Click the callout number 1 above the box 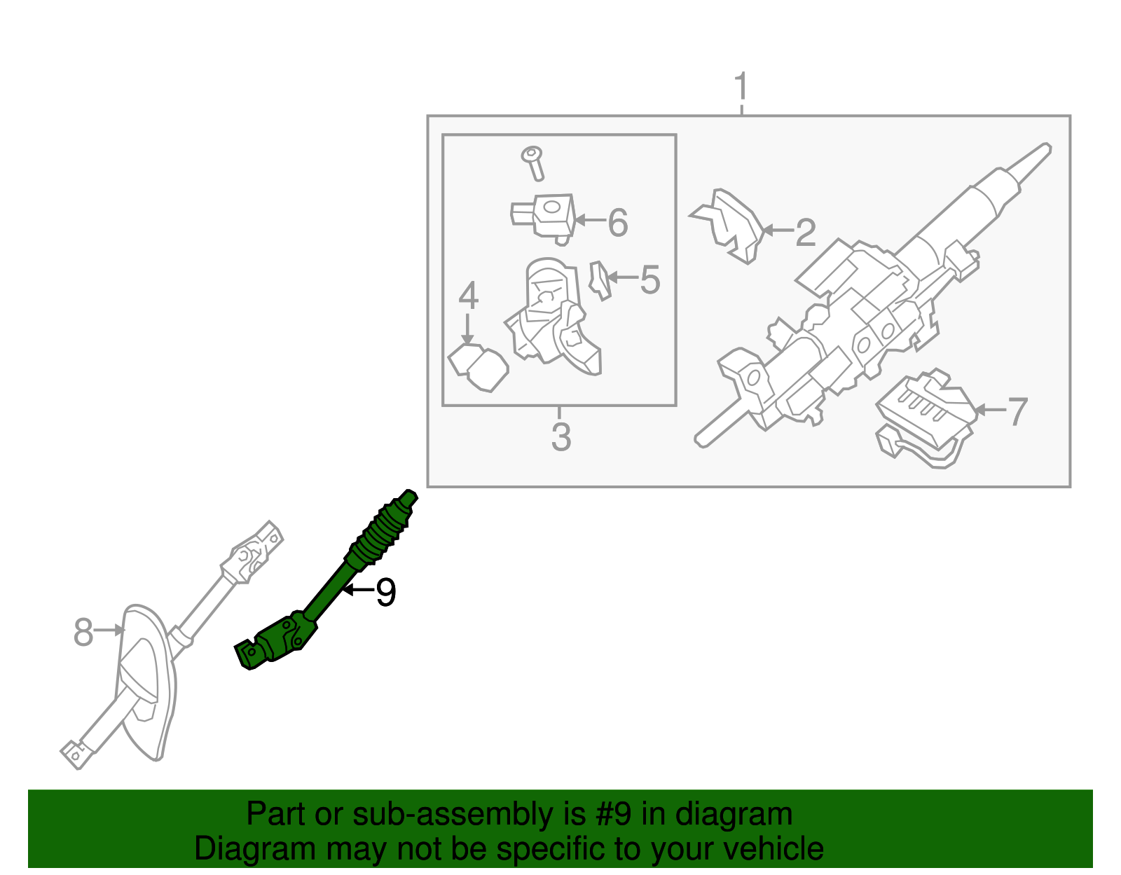click(741, 88)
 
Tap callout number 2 click(806, 233)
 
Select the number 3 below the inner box click(561, 436)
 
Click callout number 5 click(650, 280)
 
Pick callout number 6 click(617, 223)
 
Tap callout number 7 click(1017, 411)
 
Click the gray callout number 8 click(83, 633)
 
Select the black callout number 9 click(386, 593)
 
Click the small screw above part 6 click(534, 163)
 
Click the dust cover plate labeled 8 click(144, 680)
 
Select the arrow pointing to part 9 click(357, 590)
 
